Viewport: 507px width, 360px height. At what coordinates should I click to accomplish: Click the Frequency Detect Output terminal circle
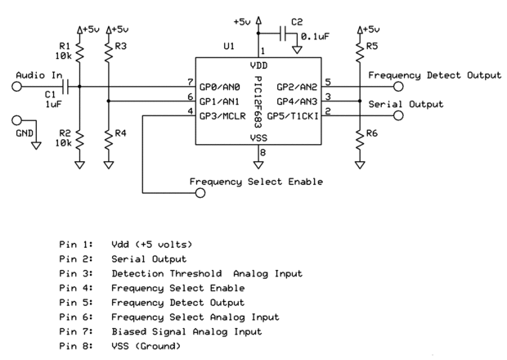[398, 85]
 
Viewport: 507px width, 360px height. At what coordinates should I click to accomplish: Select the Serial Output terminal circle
[398, 115]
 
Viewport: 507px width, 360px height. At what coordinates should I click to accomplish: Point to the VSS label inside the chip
[258, 139]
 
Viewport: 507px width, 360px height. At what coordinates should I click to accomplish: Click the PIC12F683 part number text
[258, 101]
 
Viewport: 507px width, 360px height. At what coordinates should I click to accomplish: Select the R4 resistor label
[121, 133]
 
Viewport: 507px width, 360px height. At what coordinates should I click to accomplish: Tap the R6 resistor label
[373, 133]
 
